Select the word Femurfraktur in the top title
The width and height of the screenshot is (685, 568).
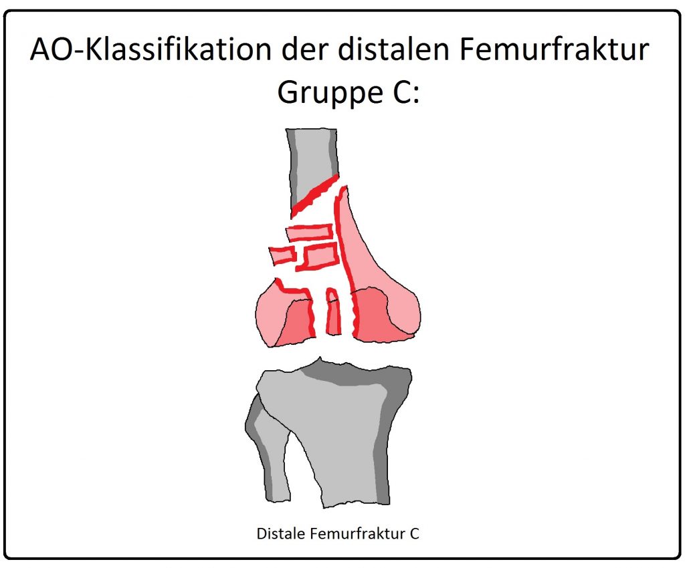(x=554, y=49)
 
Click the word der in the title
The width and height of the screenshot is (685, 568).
(x=304, y=49)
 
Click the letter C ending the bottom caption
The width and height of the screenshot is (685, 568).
(x=414, y=533)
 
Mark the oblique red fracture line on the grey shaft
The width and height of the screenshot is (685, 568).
(x=314, y=195)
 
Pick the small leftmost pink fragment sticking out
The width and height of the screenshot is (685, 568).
(x=282, y=255)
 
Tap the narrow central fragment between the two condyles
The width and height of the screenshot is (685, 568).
(x=333, y=311)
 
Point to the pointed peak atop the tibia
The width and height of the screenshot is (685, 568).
(x=320, y=359)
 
